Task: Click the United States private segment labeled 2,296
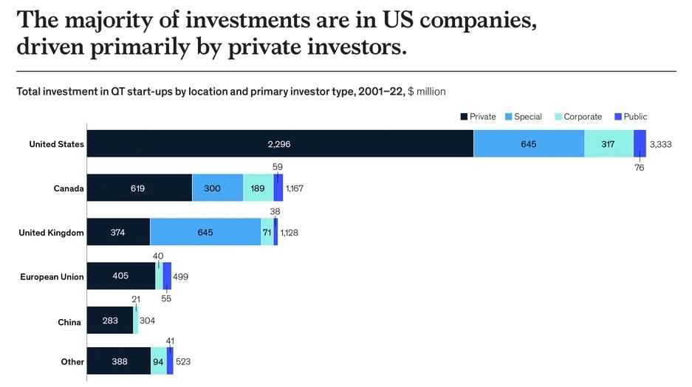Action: [280, 143]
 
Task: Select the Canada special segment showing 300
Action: [218, 188]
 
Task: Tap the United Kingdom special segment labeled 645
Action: [205, 232]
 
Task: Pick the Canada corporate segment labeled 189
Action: [258, 188]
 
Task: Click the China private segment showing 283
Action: [110, 321]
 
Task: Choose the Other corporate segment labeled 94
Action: [159, 361]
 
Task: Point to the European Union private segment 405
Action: [121, 275]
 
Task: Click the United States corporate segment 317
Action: [609, 143]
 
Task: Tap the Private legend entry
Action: [479, 117]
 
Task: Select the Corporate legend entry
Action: [578, 117]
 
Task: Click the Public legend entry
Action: [631, 117]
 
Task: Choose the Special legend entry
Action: [524, 117]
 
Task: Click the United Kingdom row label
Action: [51, 233]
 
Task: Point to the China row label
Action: [69, 322]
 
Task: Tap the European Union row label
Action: [52, 277]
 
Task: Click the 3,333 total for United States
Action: [661, 144]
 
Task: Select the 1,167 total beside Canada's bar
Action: [295, 188]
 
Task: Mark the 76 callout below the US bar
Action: [640, 168]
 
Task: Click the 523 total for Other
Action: [183, 361]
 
